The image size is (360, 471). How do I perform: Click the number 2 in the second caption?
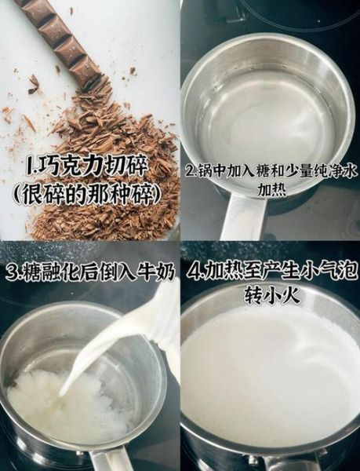pyautogui.click(x=189, y=171)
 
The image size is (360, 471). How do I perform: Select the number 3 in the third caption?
pyautogui.click(x=11, y=272)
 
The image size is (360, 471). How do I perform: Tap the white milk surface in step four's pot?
pyautogui.click(x=267, y=377)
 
